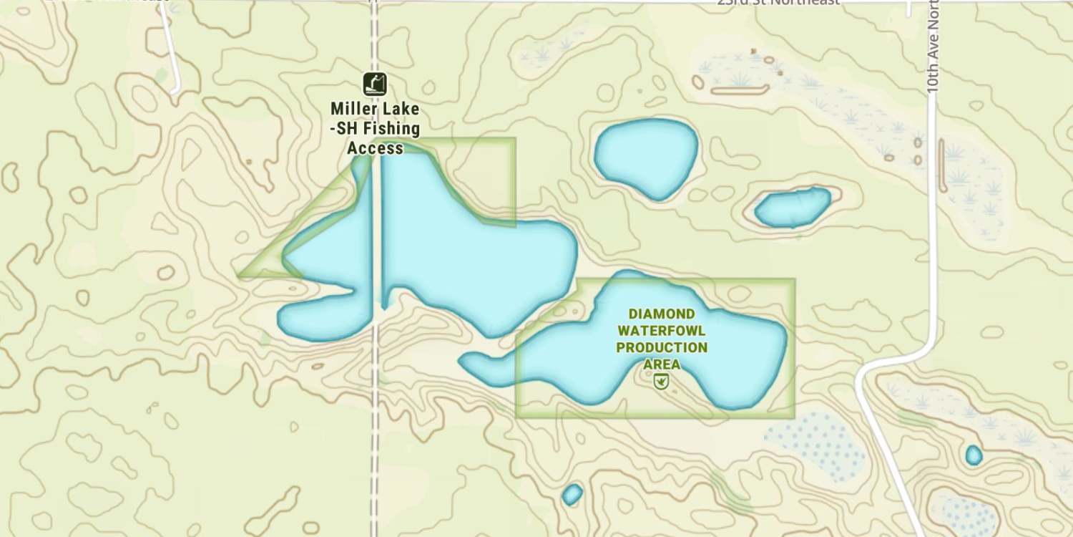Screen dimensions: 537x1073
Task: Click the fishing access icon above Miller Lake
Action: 374,84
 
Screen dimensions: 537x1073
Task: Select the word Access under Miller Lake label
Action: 375,148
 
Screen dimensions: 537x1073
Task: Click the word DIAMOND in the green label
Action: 661,314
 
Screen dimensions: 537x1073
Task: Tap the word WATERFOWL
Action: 662,331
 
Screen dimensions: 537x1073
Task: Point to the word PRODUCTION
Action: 662,348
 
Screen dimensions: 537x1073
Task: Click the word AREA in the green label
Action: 662,364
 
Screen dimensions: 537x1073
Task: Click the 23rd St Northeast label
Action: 778,3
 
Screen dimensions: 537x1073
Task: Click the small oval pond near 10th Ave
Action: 793,207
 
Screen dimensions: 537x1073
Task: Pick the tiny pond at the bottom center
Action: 572,494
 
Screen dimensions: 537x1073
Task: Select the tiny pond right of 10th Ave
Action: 974,455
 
